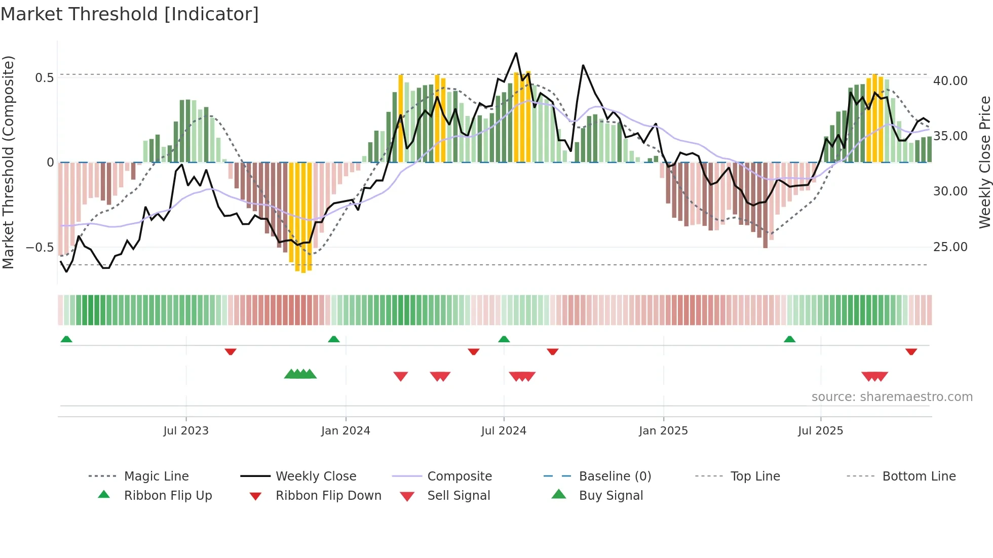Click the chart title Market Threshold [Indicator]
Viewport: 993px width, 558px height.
(130, 14)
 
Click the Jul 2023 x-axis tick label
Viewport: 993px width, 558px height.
(186, 431)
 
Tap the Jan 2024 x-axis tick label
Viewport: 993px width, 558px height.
(346, 431)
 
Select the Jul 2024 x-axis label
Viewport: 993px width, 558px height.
(504, 431)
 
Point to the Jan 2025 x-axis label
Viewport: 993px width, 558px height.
(663, 431)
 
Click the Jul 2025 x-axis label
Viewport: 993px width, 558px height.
(820, 431)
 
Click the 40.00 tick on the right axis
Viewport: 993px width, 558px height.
(950, 81)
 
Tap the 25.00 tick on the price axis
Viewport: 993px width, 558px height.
(950, 247)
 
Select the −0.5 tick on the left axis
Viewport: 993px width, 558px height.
(40, 248)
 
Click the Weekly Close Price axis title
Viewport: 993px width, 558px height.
(984, 162)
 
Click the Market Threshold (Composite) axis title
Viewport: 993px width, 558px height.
(8, 162)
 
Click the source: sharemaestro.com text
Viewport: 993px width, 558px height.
(892, 397)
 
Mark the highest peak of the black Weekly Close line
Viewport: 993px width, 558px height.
(516, 53)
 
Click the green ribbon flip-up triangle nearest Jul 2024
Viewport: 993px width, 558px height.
(504, 339)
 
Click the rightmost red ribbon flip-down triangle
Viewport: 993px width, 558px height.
(911, 351)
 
